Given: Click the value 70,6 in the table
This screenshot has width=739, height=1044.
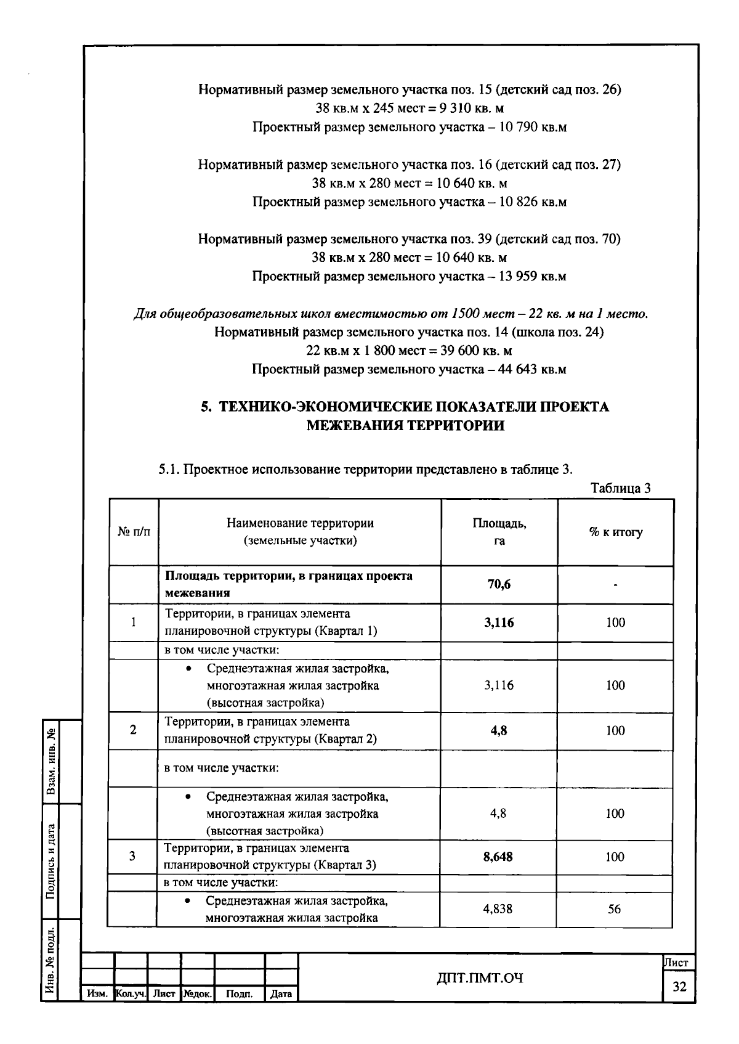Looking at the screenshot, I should [x=499, y=585].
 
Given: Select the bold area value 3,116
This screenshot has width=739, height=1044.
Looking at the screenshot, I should [x=499, y=622].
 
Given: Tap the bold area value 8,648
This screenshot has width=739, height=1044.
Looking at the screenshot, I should [x=498, y=857].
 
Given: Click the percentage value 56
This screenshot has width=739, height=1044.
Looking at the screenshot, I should [x=615, y=909].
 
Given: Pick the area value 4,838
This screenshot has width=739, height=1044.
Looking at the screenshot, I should [x=498, y=909].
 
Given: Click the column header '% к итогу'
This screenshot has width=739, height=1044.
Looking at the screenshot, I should [x=615, y=532].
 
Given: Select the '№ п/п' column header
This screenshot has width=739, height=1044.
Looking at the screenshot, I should [x=134, y=532].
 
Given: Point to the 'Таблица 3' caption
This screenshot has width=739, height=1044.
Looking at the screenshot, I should [x=620, y=488].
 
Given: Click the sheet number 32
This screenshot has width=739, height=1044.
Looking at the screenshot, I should [x=679, y=987].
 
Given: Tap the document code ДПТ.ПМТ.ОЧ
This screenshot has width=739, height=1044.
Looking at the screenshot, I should [x=480, y=977].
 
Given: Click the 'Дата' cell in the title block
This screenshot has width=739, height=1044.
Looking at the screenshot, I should [x=281, y=994].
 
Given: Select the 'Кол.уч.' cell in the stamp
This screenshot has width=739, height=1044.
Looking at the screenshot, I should [x=131, y=994].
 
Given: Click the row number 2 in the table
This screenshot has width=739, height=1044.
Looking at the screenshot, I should [x=133, y=730].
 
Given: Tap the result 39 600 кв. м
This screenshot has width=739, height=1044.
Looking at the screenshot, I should [x=475, y=351].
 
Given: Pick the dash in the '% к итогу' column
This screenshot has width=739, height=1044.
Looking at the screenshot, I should [x=615, y=585].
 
